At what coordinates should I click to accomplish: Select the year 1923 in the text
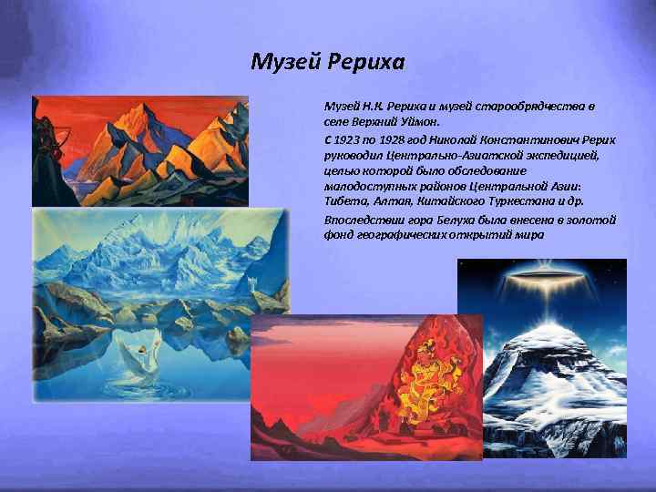(349, 141)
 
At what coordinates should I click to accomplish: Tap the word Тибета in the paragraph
(343, 201)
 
